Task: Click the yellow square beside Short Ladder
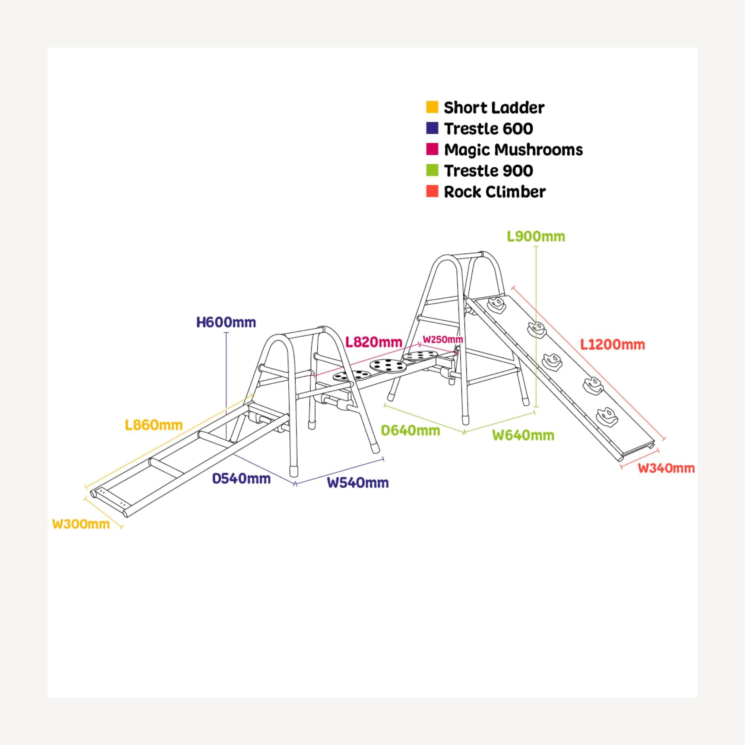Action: [x=432, y=107]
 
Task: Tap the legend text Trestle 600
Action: [x=489, y=129]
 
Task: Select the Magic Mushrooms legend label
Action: [x=513, y=150]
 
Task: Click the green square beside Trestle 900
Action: [x=432, y=170]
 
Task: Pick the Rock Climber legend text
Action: [x=495, y=191]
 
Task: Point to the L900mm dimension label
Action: [x=536, y=237]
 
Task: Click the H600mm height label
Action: [x=226, y=322]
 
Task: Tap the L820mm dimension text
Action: [x=374, y=342]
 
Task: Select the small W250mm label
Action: [x=443, y=340]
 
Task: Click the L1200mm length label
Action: [x=613, y=344]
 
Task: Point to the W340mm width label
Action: [x=666, y=468]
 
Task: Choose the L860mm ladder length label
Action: [x=153, y=425]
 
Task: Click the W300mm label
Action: [x=81, y=524]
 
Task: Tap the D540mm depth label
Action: [x=241, y=479]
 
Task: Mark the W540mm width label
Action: [x=358, y=482]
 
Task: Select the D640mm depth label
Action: [x=410, y=430]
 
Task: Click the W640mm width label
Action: [x=523, y=435]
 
